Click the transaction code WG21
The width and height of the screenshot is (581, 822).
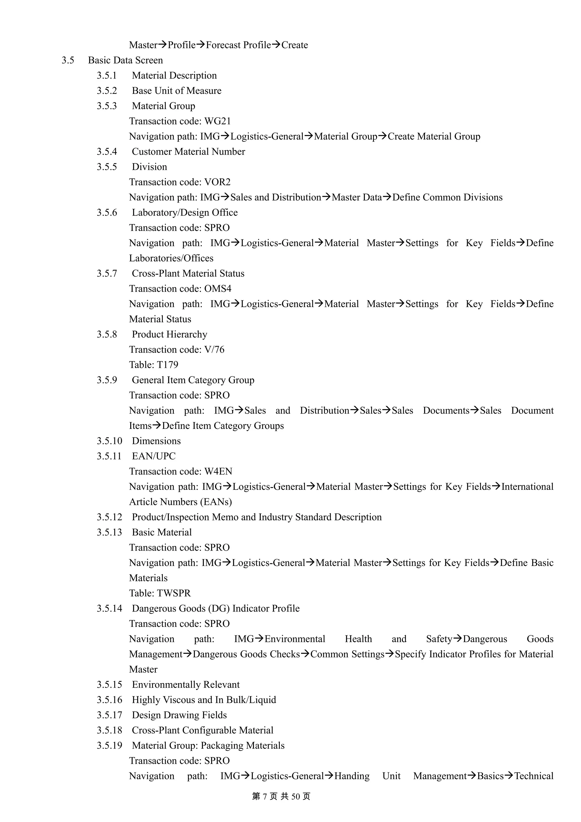tap(217, 121)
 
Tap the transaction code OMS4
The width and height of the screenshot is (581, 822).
tap(218, 288)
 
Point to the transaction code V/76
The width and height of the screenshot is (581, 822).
tap(214, 349)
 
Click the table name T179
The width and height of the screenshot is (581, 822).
tap(168, 365)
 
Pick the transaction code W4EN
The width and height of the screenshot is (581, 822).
tap(218, 471)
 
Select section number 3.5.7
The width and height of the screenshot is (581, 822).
tap(107, 273)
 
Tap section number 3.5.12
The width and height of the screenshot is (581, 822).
tap(109, 517)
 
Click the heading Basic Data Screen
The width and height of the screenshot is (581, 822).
tap(125, 60)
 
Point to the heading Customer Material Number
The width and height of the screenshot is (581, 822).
tap(188, 151)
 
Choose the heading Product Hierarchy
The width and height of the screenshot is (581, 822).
tap(169, 334)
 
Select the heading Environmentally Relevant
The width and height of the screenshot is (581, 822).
tap(186, 684)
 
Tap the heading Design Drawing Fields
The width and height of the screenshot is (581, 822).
tap(179, 715)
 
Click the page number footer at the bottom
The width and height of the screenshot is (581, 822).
tap(281, 796)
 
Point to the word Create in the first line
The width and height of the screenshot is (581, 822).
tap(295, 45)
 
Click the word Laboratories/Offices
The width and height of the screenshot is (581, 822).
tap(171, 258)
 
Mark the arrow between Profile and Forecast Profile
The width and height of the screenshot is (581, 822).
tap(201, 45)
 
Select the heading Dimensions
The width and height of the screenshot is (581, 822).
tap(156, 441)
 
